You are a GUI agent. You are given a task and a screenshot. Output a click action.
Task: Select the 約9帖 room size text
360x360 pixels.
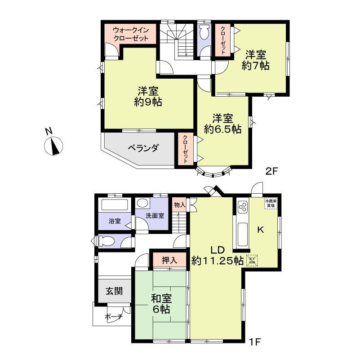pos(148,102)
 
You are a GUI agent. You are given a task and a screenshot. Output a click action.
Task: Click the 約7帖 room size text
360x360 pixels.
pos(255,66)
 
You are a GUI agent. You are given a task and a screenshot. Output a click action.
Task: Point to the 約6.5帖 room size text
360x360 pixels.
pos(222,129)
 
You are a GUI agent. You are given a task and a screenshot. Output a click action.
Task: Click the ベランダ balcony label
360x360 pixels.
pos(142,148)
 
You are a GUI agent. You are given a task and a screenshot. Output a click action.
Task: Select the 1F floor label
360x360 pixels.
pos(255,342)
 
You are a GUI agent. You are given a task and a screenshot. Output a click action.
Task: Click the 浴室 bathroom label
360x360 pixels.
pos(115,221)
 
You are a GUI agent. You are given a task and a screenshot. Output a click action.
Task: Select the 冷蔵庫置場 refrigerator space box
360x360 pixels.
pos(271,204)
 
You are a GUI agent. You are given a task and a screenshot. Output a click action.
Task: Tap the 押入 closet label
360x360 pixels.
pos(169,259)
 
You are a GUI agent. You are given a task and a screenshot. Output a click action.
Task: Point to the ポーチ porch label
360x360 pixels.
pos(114,317)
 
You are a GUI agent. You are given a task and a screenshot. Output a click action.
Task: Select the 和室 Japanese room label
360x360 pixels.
pos(160,298)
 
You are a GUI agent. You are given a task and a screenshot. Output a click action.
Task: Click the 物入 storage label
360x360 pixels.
pos(179,205)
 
